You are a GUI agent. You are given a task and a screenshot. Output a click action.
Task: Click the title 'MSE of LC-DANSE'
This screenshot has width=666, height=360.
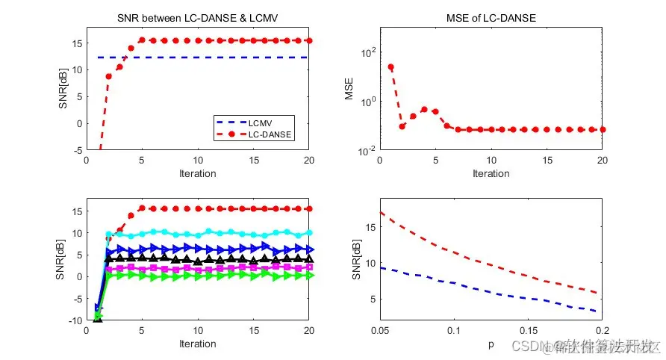[x=491, y=18]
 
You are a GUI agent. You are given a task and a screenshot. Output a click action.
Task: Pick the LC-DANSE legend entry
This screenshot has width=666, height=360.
[x=258, y=134]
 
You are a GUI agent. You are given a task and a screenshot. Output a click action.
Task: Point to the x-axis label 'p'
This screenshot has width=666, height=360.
[x=491, y=345]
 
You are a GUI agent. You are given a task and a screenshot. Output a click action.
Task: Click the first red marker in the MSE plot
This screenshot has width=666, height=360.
[x=390, y=67]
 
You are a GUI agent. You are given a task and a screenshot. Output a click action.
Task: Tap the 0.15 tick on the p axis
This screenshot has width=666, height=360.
[x=528, y=330]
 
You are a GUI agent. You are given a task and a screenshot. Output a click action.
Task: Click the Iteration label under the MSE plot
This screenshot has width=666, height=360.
[x=491, y=174]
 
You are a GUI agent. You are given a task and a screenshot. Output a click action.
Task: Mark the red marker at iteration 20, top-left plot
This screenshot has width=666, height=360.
[x=309, y=40]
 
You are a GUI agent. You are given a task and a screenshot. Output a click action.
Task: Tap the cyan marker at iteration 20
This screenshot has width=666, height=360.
[x=309, y=232]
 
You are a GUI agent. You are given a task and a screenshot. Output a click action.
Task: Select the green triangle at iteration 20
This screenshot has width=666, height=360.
[x=309, y=276]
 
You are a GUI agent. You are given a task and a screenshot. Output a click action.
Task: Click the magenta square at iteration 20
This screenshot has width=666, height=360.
[x=309, y=267]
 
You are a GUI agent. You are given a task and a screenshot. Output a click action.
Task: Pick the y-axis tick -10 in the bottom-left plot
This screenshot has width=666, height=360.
[x=76, y=320]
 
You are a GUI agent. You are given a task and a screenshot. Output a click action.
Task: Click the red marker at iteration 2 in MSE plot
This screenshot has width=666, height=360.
[x=402, y=126]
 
